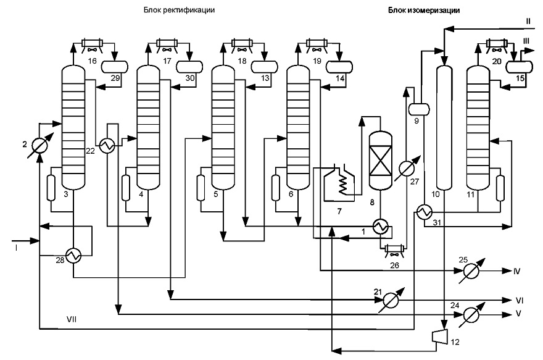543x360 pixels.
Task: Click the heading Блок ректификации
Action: tap(179, 10)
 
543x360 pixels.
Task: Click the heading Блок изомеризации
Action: tap(424, 10)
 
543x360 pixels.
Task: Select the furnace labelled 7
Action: tap(339, 182)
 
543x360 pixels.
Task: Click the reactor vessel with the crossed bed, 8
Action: tap(380, 161)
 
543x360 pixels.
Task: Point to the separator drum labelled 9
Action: tap(419, 109)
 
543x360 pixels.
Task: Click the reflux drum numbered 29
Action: tap(115, 66)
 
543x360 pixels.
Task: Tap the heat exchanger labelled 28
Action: tap(73, 256)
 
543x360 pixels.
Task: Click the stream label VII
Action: tap(72, 319)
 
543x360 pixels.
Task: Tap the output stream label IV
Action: tap(516, 271)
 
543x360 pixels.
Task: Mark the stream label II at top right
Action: tap(528, 21)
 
